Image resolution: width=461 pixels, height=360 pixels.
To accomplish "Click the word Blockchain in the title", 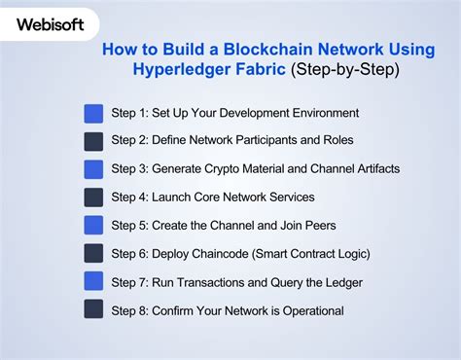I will pos(232,50).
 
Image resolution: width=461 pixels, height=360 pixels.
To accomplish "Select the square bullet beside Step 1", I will pos(94,113).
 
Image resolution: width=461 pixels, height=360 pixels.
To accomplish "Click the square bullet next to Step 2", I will pos(94,141).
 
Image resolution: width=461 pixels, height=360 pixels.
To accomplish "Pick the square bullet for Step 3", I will pos(94,169).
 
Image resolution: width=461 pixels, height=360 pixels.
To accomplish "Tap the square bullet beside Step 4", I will pos(94,198).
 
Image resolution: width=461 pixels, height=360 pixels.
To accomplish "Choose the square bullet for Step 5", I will pos(94,226).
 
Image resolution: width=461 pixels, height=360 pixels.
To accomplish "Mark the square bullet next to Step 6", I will pos(94,254).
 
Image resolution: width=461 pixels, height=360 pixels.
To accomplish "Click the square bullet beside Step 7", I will pos(94,282).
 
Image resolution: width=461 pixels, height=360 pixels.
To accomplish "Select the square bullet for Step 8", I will pos(94,310).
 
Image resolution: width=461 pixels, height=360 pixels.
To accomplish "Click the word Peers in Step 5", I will pos(317,226).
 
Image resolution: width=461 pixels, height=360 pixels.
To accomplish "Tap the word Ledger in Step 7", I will pos(340,282).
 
